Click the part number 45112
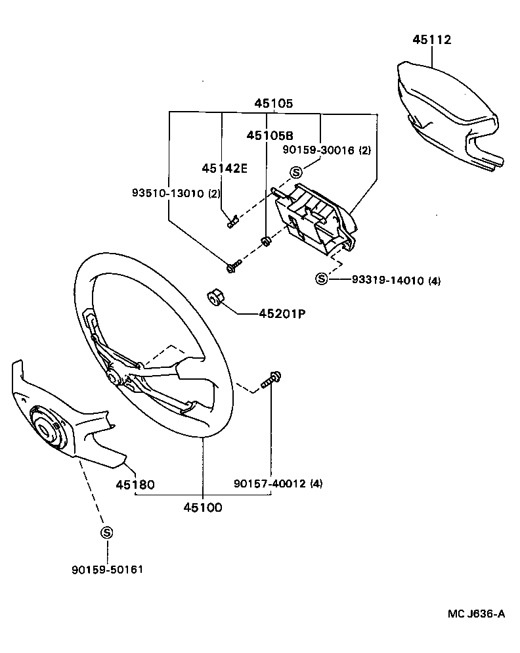click(x=432, y=39)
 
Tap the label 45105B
click(x=269, y=135)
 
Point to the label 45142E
click(x=224, y=168)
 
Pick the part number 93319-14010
click(x=386, y=281)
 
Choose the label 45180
click(x=135, y=485)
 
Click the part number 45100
click(x=202, y=507)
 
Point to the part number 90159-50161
click(x=107, y=570)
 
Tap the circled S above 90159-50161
click(x=106, y=533)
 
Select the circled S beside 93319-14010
click(x=322, y=279)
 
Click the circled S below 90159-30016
click(x=295, y=172)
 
